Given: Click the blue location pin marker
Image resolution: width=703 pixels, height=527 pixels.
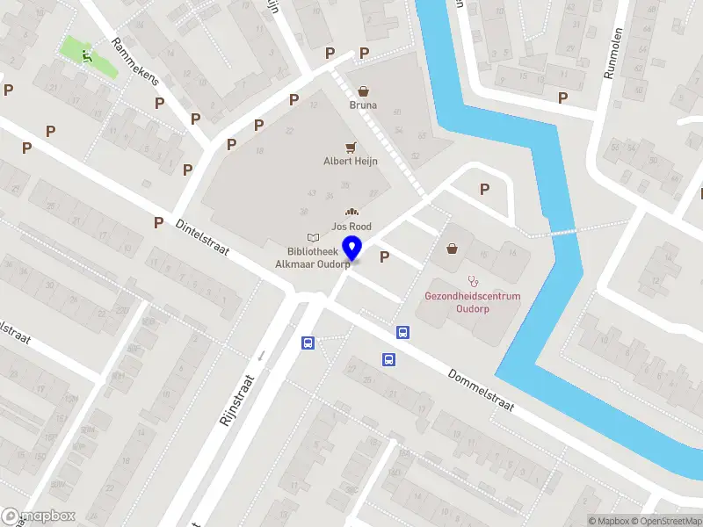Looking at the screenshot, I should coord(352,248).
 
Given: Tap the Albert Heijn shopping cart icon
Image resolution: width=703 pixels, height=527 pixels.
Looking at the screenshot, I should coord(351,147).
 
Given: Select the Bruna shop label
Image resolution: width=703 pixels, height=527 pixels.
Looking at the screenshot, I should coord(363,105).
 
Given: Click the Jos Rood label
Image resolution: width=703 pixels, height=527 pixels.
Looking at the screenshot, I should coord(351,227).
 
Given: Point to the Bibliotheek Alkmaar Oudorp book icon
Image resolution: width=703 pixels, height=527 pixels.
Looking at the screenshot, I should coord(313,237).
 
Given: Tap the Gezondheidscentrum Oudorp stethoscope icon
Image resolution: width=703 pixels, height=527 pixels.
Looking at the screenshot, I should coord(473,281).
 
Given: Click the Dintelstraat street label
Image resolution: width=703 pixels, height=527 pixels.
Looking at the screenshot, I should coord(202,239).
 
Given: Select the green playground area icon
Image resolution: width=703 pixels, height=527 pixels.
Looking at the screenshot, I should coord(87,55).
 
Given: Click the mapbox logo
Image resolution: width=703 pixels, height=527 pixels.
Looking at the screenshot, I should coord(38,516).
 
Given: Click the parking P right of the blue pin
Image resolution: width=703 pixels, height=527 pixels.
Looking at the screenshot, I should coord(383,256).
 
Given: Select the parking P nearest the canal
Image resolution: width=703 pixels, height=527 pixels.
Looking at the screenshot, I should coord(484,189).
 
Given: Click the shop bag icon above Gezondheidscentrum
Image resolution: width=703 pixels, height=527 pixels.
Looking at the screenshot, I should coord(453,249).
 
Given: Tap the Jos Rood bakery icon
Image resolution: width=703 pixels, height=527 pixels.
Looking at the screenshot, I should coord(351,213).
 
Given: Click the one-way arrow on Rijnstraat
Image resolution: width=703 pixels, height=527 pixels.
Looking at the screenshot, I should coord(260,356).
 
